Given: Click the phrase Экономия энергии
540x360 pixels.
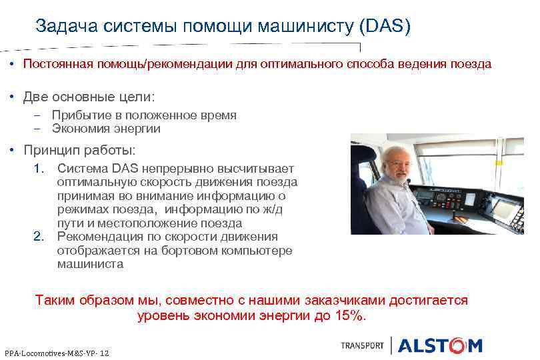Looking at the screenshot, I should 106,129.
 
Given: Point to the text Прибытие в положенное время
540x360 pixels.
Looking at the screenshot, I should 144,115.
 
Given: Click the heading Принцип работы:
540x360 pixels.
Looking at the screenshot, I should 79,149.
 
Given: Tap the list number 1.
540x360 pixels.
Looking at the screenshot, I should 39,169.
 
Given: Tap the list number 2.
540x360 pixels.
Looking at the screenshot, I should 39,237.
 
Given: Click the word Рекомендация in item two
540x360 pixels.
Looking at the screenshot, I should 99,237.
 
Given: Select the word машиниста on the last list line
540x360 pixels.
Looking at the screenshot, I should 90,264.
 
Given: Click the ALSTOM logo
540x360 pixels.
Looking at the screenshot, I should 440,345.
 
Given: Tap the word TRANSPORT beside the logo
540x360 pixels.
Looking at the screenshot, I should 362,345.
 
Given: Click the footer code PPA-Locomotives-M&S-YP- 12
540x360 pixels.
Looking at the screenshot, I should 57,352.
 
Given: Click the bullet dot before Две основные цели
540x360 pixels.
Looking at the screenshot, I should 13,97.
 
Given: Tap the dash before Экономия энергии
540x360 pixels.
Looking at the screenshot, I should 38,129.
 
